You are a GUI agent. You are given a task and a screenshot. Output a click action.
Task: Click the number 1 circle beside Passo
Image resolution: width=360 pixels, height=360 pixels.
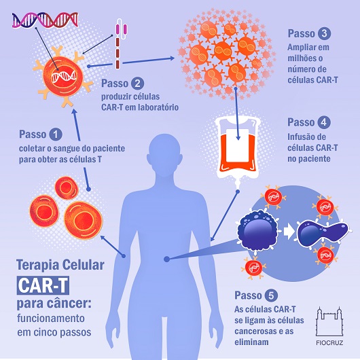pos(56,134)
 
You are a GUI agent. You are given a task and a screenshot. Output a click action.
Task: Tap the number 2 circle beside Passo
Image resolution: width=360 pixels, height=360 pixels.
pos(137,84)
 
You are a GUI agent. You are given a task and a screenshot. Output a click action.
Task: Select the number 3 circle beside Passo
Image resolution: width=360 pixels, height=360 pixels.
pos(324,33)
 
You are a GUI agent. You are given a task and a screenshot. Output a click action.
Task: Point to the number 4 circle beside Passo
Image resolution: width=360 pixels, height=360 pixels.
pos(324,122)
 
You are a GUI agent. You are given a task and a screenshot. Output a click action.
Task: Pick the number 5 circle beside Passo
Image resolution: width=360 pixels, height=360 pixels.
pos(271,295)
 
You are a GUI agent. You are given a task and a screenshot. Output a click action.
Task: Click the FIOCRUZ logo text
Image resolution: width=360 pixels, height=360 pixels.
pos(329,343)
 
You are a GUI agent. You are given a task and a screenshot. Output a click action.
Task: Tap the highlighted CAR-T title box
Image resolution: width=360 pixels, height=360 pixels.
pos(43,285)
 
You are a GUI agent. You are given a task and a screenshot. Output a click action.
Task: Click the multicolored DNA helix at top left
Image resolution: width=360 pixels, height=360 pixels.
pos(45,20)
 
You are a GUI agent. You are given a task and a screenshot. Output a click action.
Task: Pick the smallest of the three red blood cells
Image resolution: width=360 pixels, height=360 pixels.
pos(67,187)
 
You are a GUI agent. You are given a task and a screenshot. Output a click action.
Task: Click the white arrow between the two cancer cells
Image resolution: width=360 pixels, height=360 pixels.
pos(289,232)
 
